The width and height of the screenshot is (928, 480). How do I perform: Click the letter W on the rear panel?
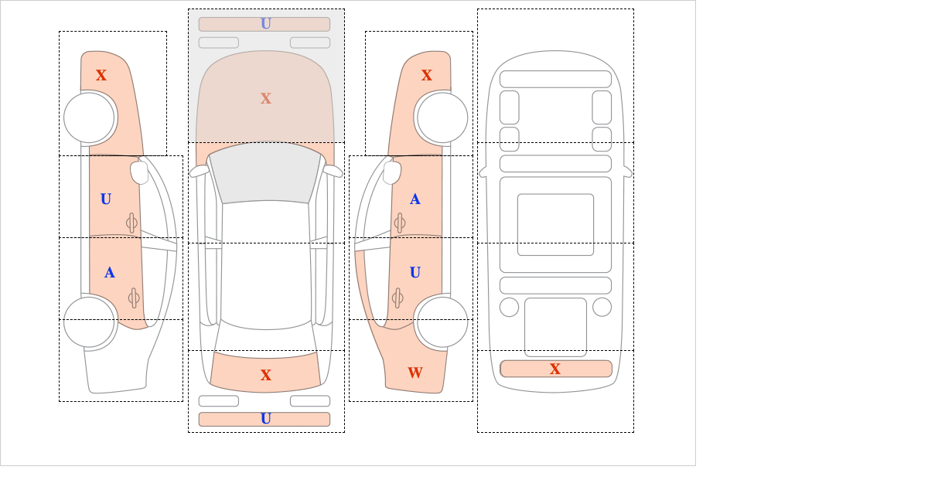click(415, 373)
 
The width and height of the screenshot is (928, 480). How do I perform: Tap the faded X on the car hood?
click(266, 99)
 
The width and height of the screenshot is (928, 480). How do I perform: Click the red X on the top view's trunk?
click(266, 375)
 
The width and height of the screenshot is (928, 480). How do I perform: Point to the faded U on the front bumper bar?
click(266, 24)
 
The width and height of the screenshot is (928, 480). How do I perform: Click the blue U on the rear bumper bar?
click(266, 419)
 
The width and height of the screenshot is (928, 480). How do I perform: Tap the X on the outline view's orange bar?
click(555, 369)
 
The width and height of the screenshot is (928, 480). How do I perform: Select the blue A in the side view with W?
click(415, 199)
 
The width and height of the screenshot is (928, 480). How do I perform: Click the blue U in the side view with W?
click(415, 273)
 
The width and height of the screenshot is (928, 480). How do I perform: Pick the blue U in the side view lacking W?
click(106, 199)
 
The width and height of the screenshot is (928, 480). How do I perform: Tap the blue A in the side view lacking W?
click(109, 273)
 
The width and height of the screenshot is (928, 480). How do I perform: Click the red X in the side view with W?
click(427, 76)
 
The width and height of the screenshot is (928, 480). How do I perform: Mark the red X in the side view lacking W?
click(101, 76)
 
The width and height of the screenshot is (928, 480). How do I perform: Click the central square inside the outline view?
click(555, 224)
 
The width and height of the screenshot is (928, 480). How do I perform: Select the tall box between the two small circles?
click(555, 327)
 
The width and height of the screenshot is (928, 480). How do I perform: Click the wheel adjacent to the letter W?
click(442, 322)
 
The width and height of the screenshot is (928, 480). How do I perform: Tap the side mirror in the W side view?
click(392, 172)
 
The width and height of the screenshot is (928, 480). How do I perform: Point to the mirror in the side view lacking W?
click(139, 172)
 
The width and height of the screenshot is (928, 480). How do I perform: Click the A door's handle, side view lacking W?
click(134, 298)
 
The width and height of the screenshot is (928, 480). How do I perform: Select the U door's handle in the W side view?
click(397, 298)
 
